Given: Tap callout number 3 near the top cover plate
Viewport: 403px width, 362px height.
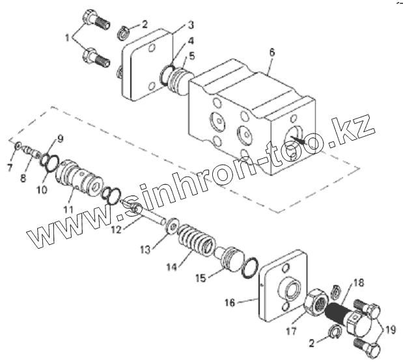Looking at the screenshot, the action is (191, 25).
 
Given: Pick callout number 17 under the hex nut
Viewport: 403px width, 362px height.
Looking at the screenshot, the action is (291, 331).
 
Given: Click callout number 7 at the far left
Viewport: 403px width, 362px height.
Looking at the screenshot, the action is (9, 168).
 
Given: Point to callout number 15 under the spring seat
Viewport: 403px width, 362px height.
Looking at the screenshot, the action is (201, 278).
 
